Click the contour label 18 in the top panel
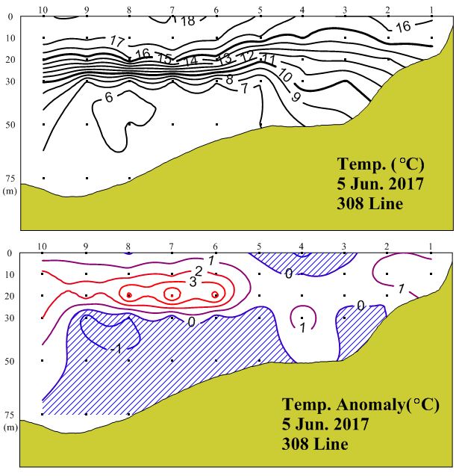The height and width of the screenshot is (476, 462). coord(188,21)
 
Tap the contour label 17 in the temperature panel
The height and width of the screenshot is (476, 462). coord(117,40)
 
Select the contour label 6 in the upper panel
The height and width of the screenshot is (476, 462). coord(110,97)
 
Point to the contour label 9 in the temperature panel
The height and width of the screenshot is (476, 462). coord(297,96)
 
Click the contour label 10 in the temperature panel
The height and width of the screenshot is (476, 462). coord(285,75)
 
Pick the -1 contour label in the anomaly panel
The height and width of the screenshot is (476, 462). coord(115,348)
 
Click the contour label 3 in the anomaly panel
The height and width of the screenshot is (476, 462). coord(193,281)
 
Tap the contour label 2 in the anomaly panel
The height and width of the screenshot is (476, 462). coord(199,271)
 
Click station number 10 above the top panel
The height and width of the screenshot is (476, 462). coord(43,9)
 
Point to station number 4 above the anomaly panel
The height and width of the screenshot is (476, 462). coord(302,246)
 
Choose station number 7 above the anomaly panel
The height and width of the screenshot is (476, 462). coord(172,246)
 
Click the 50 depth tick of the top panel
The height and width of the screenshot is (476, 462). coord(10,123)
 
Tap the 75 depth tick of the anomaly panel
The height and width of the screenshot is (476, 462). coord(10,415)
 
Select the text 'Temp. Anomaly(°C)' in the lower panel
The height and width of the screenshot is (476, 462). coord(360,405)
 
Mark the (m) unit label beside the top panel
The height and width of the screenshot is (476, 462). coord(10,191)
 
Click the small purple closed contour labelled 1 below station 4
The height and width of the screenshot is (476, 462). coord(302,317)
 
